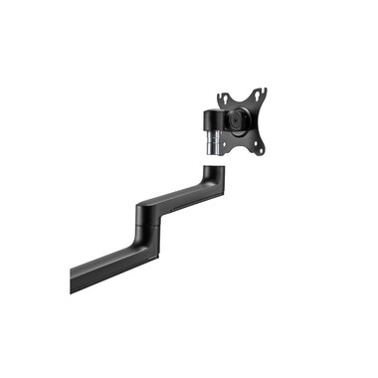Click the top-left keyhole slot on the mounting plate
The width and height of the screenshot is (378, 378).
point(225,98)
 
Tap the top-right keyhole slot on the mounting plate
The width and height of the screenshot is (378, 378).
point(261,95)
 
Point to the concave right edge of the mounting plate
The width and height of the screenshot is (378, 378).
point(265,122)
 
